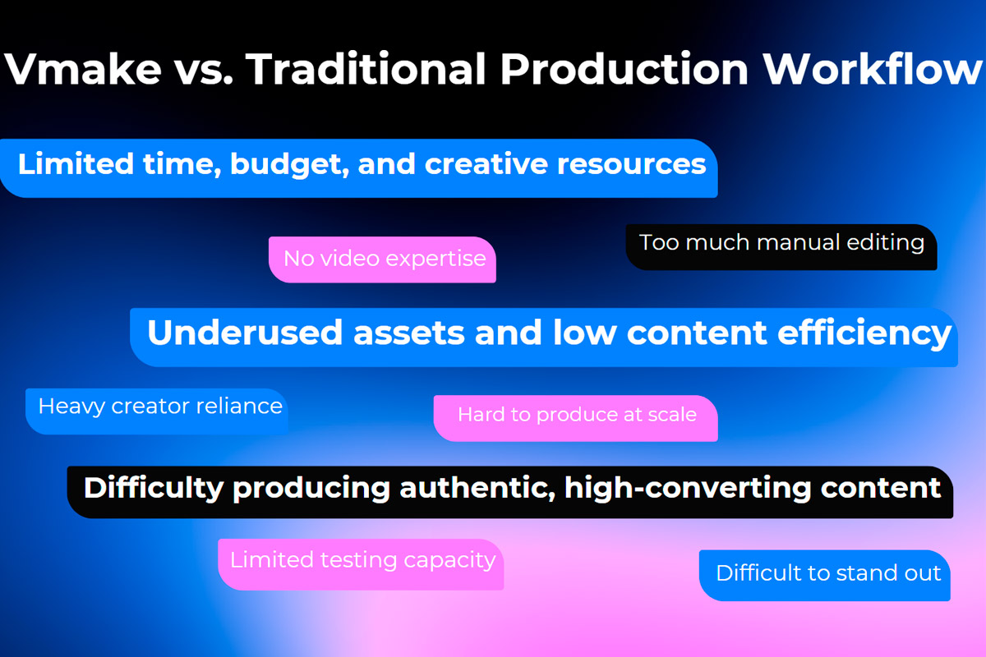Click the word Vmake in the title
point(83,69)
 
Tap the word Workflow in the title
point(873,69)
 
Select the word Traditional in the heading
point(366,69)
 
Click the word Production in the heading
point(624,69)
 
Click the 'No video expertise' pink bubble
point(382,260)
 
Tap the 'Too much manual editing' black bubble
point(781,247)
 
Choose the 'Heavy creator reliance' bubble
point(157,411)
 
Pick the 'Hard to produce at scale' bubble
point(575,418)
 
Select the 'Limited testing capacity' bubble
point(361,564)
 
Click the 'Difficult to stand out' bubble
point(824,575)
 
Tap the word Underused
point(245,333)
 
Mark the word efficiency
point(864,334)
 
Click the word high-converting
point(688,489)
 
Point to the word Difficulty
point(154,489)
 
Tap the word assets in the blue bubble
point(408,333)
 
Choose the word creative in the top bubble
point(486,164)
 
